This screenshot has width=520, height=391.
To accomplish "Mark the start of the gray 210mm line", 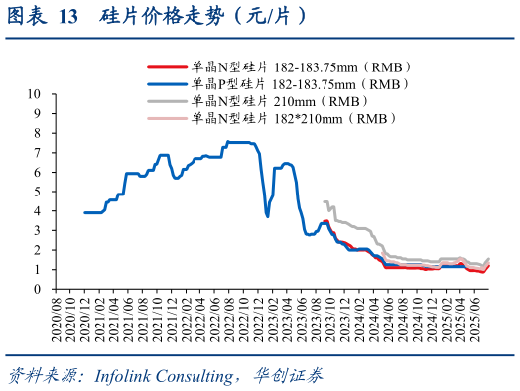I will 325,201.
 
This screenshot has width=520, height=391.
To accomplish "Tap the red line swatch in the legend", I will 167,67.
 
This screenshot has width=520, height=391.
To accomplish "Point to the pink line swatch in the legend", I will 167,118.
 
